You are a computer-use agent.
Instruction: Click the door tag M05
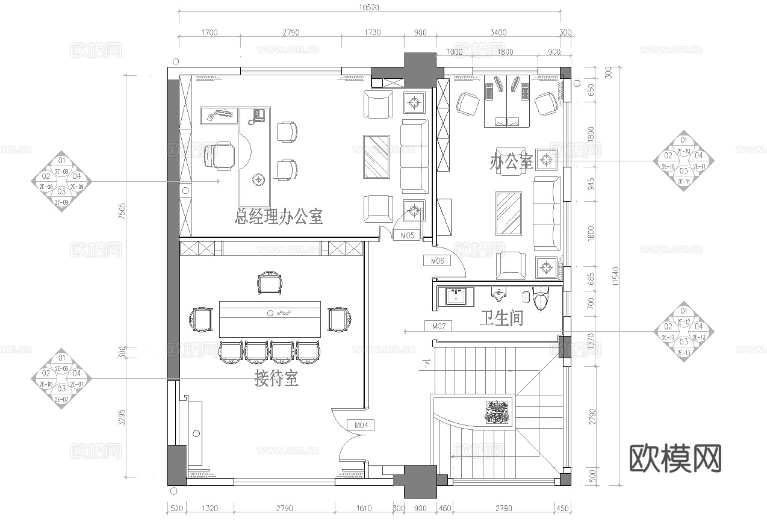click(x=408, y=235)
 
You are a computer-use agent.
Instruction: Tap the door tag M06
click(x=438, y=261)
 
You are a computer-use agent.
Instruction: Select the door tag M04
click(x=361, y=425)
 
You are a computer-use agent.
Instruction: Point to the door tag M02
click(x=439, y=326)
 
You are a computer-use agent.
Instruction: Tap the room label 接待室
click(x=276, y=379)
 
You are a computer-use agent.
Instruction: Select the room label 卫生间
click(x=501, y=318)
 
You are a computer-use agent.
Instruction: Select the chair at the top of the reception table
click(x=269, y=282)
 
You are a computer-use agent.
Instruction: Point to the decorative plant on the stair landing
click(x=497, y=412)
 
